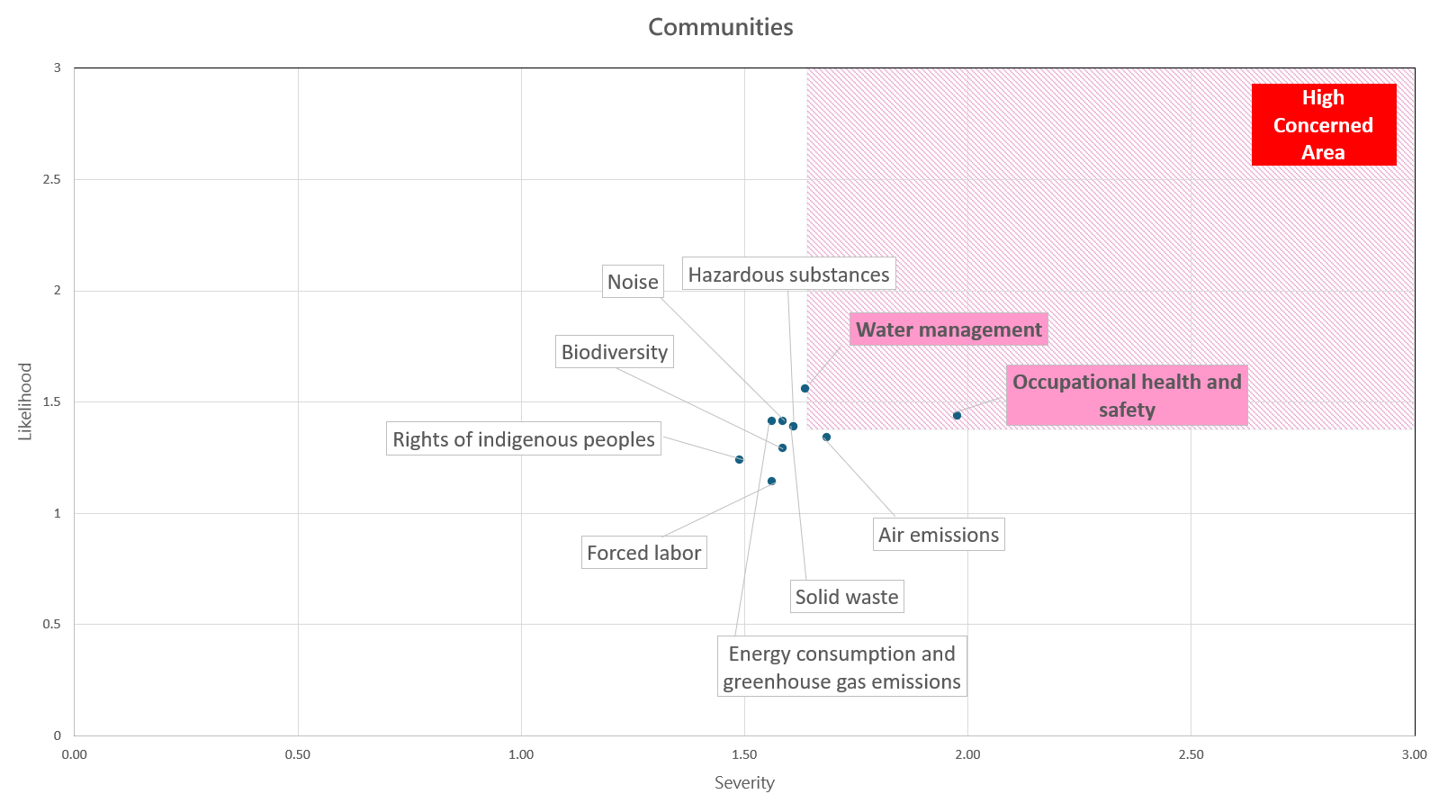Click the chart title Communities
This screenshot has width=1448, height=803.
coord(720,28)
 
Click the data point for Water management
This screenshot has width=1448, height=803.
coord(805,389)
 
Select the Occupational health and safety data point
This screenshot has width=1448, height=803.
coord(957,416)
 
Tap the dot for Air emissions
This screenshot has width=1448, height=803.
coord(826,438)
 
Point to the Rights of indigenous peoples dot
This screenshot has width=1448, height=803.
coord(739,460)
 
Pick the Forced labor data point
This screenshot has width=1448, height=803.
coord(771,482)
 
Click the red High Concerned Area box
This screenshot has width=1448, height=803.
coord(1323,125)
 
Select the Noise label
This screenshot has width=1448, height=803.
coord(633,282)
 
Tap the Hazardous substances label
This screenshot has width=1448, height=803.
coord(788,275)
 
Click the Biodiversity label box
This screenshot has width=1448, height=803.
coord(614,352)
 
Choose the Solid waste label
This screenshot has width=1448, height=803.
coord(846,597)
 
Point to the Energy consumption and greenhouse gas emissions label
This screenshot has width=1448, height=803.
coord(841,668)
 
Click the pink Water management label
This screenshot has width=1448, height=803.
coord(949,330)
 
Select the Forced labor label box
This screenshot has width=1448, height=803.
coord(643,553)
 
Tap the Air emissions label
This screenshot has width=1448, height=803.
coord(939,535)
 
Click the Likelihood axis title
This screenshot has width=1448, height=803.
coord(25,401)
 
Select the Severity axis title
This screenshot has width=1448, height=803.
coord(744,783)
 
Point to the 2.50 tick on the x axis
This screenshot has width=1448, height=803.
coord(1191,754)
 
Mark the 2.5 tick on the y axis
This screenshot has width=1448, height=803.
coord(51,179)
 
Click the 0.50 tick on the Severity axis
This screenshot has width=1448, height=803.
coord(297,754)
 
